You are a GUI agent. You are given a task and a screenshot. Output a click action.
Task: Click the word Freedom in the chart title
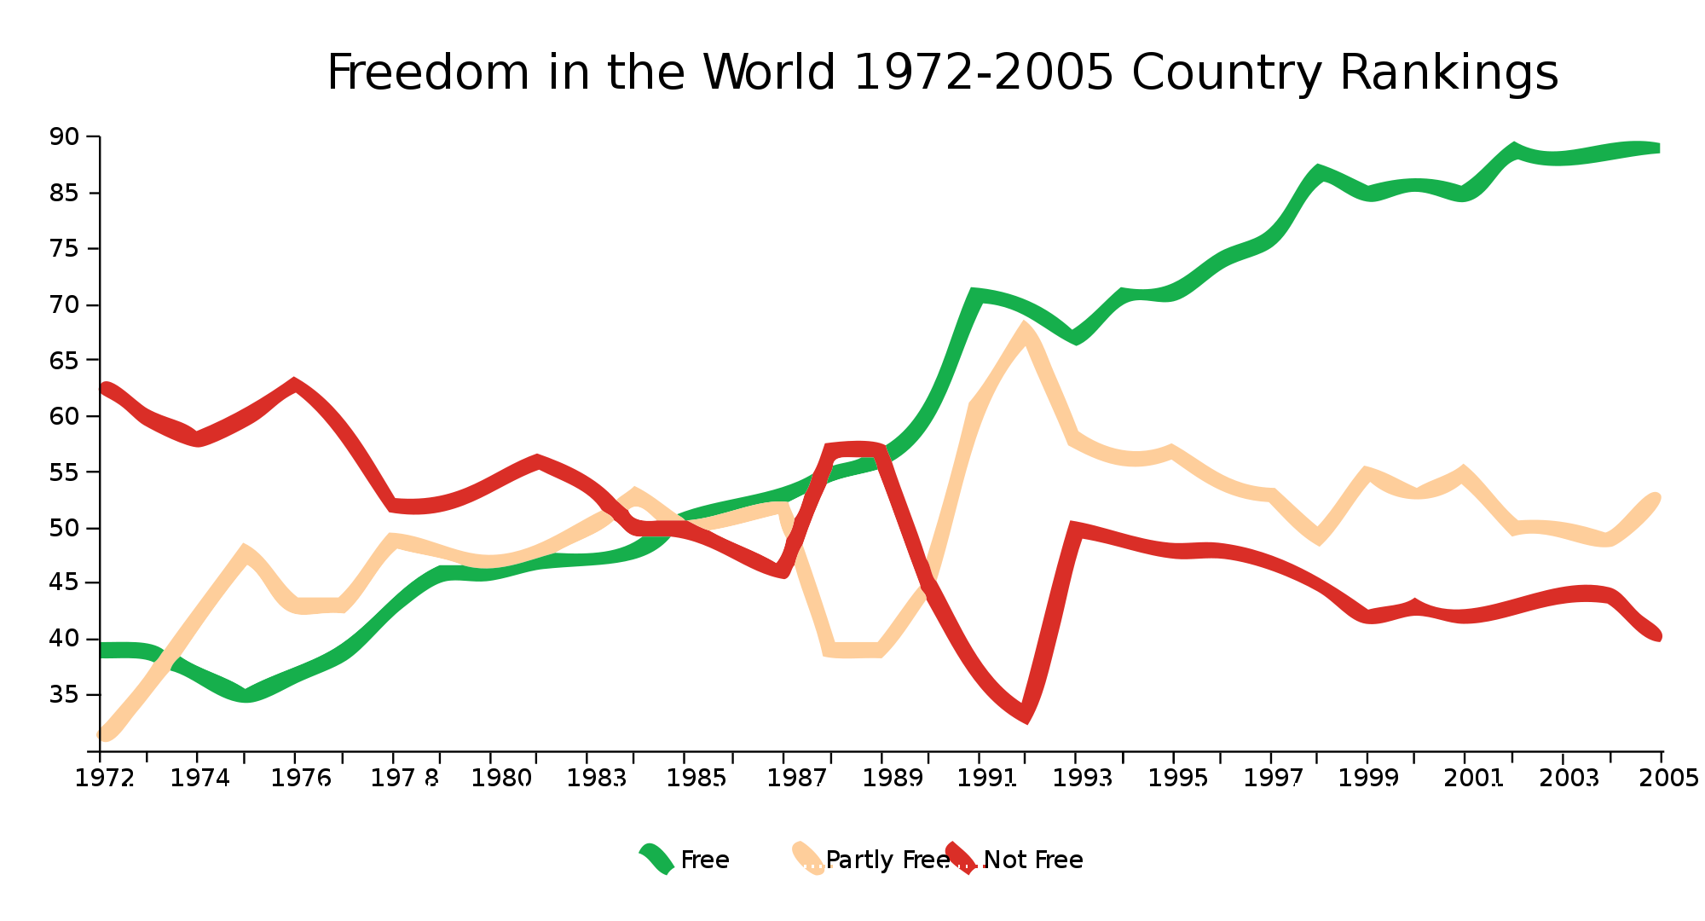(x=427, y=72)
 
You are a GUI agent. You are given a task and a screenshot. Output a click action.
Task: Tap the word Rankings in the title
(x=1448, y=74)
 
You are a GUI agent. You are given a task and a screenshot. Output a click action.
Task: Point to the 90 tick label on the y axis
(x=64, y=136)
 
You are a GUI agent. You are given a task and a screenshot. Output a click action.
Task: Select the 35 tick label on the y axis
(x=64, y=695)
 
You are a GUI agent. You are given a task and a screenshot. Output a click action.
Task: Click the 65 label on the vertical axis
(x=64, y=361)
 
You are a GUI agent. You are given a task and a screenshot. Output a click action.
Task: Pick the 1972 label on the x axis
(x=104, y=778)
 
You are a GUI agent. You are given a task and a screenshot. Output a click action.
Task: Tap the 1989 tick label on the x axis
(x=892, y=778)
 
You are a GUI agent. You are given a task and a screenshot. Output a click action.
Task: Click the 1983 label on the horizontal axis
(x=597, y=778)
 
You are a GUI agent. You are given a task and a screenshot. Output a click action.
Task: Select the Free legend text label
(x=704, y=860)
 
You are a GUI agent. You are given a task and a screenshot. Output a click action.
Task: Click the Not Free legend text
(x=1033, y=860)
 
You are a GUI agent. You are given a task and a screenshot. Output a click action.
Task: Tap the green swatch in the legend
(x=656, y=859)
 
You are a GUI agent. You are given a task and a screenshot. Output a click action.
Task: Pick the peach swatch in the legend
(x=808, y=859)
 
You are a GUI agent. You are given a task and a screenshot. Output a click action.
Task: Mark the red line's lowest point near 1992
(x=1026, y=716)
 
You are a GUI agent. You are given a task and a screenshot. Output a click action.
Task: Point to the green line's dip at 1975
(x=246, y=696)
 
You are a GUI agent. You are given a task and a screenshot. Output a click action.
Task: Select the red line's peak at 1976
(x=294, y=385)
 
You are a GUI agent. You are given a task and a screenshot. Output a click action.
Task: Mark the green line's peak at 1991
(x=974, y=295)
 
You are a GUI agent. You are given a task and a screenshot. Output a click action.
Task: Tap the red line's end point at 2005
(x=1658, y=634)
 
